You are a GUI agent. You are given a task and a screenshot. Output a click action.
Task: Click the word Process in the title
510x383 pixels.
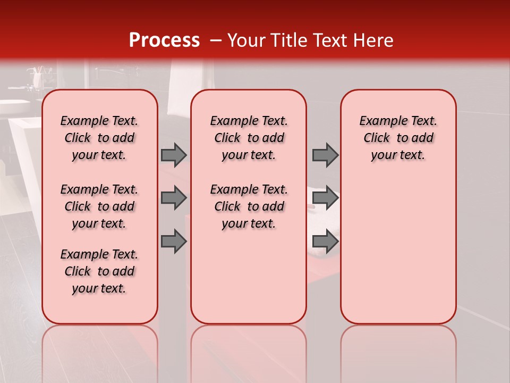164,40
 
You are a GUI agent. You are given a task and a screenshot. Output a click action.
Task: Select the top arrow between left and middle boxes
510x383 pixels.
174,155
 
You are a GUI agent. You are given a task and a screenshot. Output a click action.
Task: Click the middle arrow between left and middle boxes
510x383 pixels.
174,198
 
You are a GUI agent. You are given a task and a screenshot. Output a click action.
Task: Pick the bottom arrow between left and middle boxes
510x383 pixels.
174,242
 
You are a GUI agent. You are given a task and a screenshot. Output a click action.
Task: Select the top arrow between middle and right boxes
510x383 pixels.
325,155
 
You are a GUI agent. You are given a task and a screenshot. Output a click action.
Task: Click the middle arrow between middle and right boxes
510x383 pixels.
325,198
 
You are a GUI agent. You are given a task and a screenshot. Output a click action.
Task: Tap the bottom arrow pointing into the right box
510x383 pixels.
325,242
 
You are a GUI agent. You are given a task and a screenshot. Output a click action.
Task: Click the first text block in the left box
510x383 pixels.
99,138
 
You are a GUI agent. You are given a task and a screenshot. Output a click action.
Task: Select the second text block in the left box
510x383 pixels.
99,206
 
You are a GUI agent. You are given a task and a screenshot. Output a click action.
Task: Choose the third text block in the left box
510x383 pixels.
99,271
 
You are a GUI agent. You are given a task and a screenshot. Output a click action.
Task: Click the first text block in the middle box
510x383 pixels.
249,138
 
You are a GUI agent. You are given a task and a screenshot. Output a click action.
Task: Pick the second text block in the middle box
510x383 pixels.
249,206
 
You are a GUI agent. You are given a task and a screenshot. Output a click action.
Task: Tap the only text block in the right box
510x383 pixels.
398,138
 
